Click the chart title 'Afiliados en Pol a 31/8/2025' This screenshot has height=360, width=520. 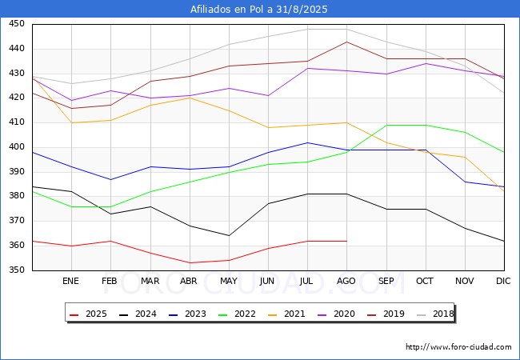click(x=259, y=9)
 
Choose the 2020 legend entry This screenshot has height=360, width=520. click(x=342, y=314)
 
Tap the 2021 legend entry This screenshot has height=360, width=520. click(x=293, y=314)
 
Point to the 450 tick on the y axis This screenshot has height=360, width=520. click(x=16, y=24)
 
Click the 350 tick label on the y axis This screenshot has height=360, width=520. click(x=16, y=270)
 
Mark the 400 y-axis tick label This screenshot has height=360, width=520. click(x=16, y=147)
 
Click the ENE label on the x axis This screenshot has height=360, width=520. click(x=71, y=281)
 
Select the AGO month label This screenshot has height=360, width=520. click(x=346, y=281)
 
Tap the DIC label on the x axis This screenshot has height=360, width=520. click(x=503, y=281)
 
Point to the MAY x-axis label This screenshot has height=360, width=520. click(x=229, y=281)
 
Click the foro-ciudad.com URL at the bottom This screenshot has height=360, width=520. click(x=458, y=347)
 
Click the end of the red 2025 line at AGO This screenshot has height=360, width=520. click(x=346, y=241)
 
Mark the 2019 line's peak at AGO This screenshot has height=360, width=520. click(x=346, y=42)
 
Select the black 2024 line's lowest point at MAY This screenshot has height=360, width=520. click(x=229, y=236)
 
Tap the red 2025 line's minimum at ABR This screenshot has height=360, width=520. click(x=190, y=263)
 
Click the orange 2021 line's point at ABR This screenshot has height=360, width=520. click(x=190, y=98)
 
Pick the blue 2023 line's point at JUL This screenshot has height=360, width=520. click(x=307, y=142)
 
